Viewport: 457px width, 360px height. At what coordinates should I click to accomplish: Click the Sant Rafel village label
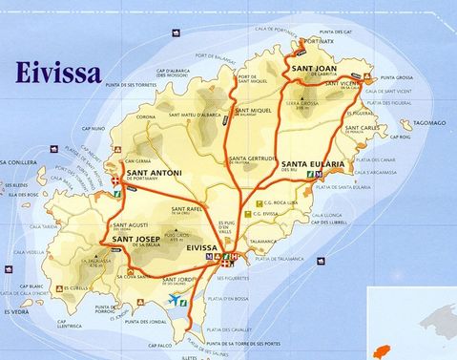pos(187,209)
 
